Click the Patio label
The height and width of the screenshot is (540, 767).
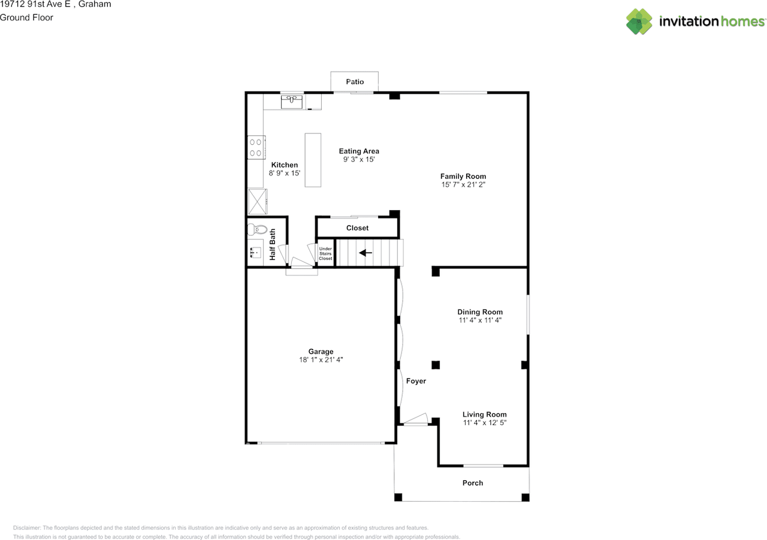[355, 82]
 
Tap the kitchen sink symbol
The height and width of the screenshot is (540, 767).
[291, 102]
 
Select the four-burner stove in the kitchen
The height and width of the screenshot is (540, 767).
[256, 147]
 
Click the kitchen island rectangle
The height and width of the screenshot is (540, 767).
[313, 160]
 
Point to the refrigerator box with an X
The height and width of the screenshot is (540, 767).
[258, 202]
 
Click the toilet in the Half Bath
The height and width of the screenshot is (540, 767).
[257, 229]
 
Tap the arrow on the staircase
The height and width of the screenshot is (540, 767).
[366, 253]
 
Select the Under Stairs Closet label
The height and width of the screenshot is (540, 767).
[325, 254]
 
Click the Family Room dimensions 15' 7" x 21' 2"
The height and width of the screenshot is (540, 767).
[463, 185]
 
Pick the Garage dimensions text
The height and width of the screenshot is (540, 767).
[321, 360]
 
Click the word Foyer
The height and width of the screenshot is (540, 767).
[416, 381]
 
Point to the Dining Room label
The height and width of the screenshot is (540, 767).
[480, 312]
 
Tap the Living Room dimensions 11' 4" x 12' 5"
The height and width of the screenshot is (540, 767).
[485, 423]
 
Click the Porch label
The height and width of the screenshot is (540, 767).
[473, 483]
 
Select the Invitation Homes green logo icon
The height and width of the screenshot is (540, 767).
[639, 22]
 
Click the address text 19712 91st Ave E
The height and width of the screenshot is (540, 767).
[35, 4]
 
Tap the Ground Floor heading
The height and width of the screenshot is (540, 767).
[26, 17]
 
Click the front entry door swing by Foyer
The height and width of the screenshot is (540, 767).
[415, 419]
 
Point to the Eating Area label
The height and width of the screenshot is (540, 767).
[359, 151]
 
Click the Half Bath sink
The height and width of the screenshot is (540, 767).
[255, 253]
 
